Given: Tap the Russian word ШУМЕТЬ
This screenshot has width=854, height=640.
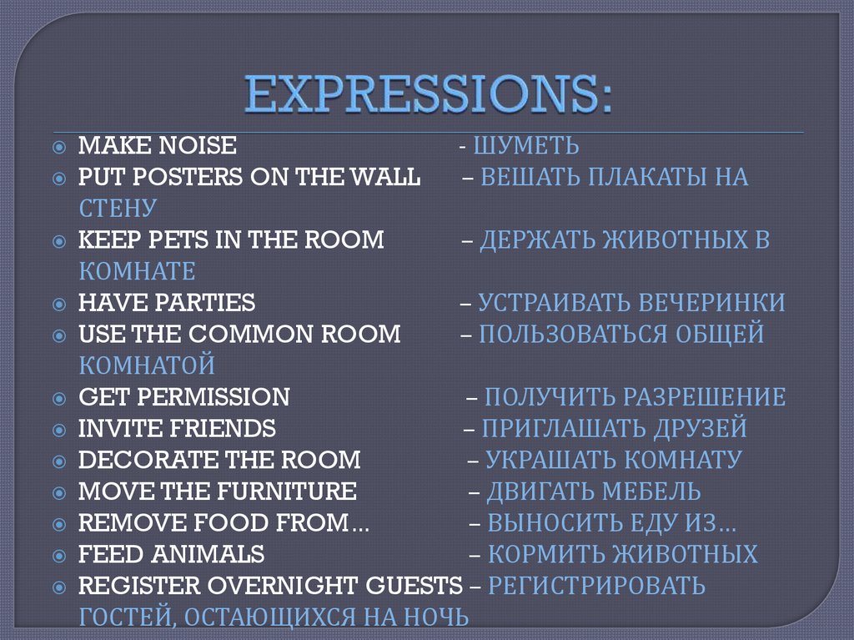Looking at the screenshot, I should (x=526, y=147).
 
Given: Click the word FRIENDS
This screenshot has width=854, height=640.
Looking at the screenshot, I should (x=223, y=429).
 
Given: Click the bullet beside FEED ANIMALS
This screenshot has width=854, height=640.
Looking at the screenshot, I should (x=58, y=555).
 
